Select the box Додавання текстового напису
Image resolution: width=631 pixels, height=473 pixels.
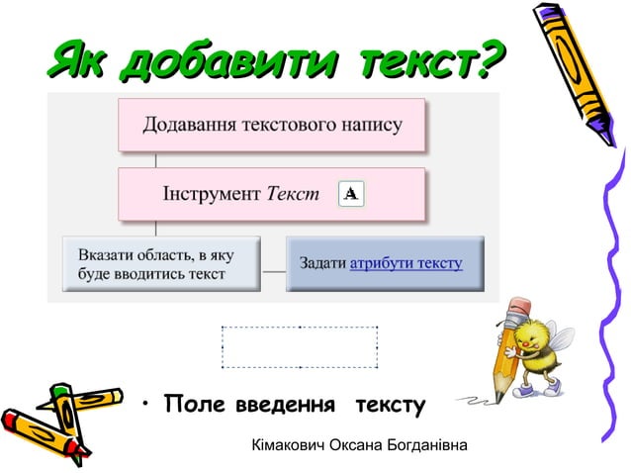272,125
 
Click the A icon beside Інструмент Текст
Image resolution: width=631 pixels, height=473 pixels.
350,194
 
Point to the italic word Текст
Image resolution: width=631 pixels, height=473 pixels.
294,195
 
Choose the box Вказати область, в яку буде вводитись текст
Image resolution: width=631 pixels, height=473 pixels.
160,264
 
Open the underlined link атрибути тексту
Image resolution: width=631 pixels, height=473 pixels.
406,264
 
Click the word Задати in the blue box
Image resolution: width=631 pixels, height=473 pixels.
322,264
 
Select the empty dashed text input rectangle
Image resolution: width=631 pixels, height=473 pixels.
300,346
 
